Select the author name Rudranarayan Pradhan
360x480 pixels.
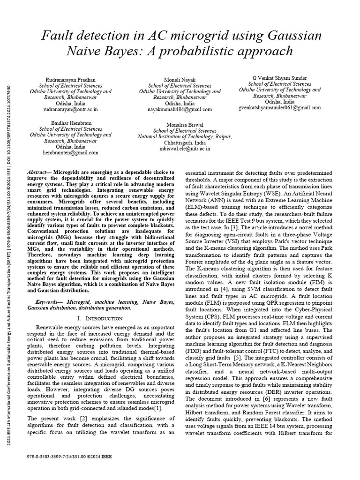coord(70,80)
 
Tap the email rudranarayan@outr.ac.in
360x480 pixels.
coord(70,109)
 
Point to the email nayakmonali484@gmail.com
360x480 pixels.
coord(180,109)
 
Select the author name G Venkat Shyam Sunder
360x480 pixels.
coord(280,78)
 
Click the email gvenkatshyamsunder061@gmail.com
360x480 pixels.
coord(280,107)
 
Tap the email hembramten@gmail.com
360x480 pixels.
coord(70,152)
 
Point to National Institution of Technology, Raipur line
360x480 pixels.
coord(185,136)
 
